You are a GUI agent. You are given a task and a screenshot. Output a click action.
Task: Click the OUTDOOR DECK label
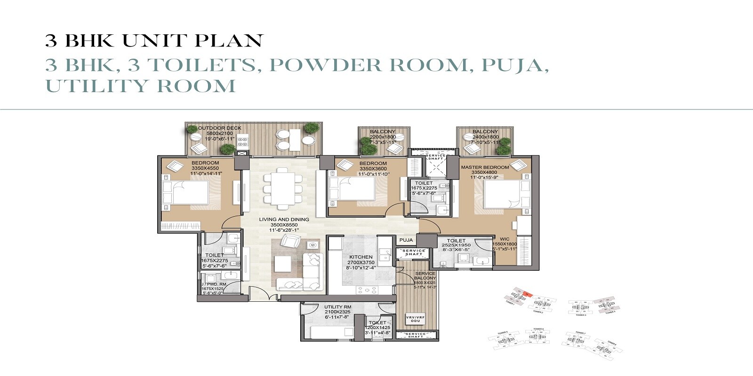(220, 128)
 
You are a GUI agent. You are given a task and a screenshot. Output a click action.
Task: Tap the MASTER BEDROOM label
(485, 167)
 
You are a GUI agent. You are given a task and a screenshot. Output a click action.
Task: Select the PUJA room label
(406, 240)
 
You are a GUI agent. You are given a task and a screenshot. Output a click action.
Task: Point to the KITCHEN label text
(361, 257)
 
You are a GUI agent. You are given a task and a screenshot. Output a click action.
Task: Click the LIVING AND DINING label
(284, 219)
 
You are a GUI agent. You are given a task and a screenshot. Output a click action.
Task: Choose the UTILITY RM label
(337, 307)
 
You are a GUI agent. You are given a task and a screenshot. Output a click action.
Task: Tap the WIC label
(505, 239)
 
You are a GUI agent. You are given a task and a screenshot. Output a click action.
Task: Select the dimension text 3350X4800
(485, 172)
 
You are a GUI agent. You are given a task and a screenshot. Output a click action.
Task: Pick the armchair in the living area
(290, 242)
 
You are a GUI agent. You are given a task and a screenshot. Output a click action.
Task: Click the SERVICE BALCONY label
(425, 275)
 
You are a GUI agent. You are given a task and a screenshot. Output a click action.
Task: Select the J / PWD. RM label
(215, 284)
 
